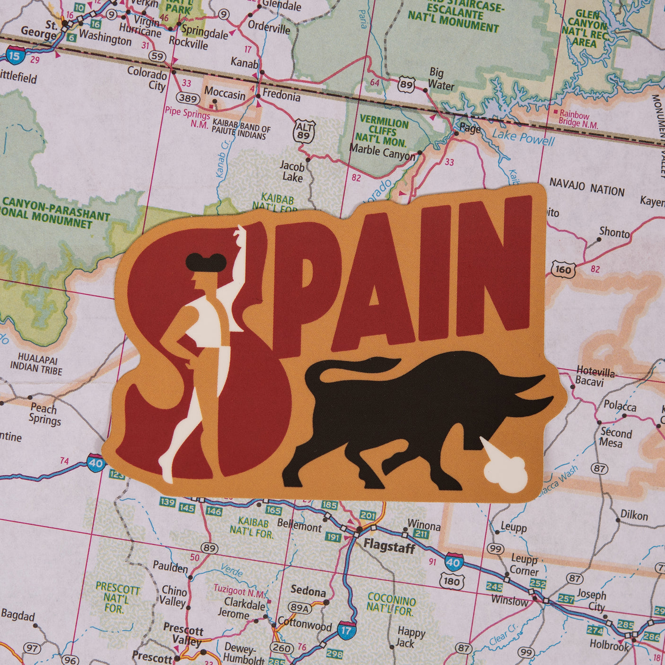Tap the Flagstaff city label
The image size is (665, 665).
point(389,547)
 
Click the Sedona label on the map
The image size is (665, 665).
point(308,591)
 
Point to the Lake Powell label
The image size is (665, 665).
point(523,138)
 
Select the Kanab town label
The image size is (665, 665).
point(244,62)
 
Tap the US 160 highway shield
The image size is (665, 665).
point(563,270)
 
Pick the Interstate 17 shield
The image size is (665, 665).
point(346,630)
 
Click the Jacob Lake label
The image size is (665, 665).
point(292,172)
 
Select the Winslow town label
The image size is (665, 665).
point(509,601)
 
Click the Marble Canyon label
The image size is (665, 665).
point(382,152)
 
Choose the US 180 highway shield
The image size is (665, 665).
point(451,580)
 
